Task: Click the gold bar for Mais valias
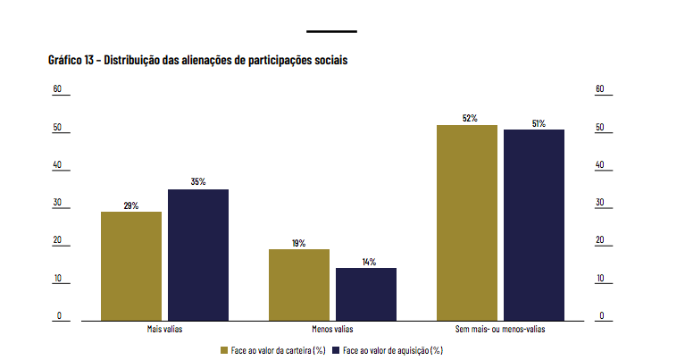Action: (x=131, y=265)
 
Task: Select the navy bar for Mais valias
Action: (x=198, y=255)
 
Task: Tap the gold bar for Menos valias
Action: (x=299, y=284)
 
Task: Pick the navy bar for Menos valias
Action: (x=366, y=294)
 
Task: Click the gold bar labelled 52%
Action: (x=467, y=222)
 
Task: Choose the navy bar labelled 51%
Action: (x=534, y=224)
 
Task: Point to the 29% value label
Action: (x=131, y=206)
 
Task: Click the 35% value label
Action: (x=198, y=182)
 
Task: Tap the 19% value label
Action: (x=299, y=243)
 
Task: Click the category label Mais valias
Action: (x=164, y=330)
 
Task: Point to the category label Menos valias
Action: (x=332, y=330)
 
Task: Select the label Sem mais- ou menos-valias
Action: (x=500, y=330)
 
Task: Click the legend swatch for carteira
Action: (x=225, y=349)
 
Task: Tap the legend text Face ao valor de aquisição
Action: (x=393, y=349)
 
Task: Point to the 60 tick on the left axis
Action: (x=57, y=89)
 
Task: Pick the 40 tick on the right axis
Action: (x=600, y=165)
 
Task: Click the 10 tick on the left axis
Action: (x=57, y=279)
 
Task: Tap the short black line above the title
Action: (x=331, y=31)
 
